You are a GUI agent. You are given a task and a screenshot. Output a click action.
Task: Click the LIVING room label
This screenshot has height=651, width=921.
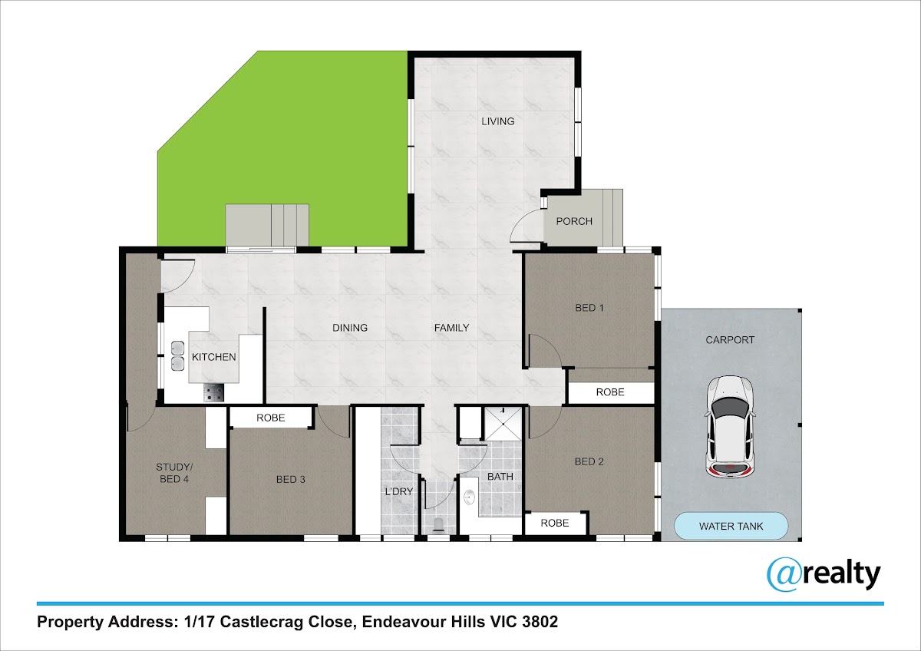pyautogui.click(x=498, y=121)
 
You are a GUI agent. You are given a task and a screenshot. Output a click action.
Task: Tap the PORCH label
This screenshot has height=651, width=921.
pyautogui.click(x=574, y=221)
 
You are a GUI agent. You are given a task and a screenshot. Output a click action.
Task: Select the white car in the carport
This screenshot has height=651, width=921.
pyautogui.click(x=730, y=427)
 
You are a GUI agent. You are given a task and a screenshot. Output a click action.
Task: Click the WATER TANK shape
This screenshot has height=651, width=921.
pyautogui.click(x=731, y=526)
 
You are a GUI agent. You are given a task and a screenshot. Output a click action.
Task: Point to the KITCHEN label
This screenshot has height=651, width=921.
pyautogui.click(x=214, y=357)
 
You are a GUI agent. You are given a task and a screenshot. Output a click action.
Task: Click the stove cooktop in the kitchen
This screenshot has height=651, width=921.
pyautogui.click(x=214, y=392)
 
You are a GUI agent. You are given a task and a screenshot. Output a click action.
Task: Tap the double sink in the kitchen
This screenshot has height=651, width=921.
pyautogui.click(x=177, y=355)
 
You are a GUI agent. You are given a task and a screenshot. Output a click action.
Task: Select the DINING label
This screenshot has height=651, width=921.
pyautogui.click(x=350, y=328)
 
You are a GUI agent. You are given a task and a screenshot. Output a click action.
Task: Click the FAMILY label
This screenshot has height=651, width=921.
pyautogui.click(x=451, y=328)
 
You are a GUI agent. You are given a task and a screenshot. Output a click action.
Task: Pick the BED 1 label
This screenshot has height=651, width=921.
pyautogui.click(x=589, y=308)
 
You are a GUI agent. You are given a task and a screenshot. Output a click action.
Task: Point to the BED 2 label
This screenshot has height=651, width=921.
pyautogui.click(x=589, y=462)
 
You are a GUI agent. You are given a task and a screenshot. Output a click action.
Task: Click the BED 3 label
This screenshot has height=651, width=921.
pyautogui.click(x=291, y=480)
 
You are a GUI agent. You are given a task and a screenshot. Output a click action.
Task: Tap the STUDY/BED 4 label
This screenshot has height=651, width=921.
pyautogui.click(x=174, y=473)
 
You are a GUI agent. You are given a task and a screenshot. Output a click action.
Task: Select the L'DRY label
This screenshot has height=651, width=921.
pyautogui.click(x=399, y=491)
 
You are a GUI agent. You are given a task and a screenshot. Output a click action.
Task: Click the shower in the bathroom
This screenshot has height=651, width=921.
pyautogui.click(x=503, y=424)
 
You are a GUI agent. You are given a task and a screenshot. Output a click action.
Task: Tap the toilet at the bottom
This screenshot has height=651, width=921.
pyautogui.click(x=439, y=526)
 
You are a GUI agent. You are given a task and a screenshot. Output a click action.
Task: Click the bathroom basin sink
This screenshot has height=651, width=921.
pyautogui.click(x=468, y=497)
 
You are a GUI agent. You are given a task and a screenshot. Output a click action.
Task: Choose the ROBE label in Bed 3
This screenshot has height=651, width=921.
pyautogui.click(x=270, y=418)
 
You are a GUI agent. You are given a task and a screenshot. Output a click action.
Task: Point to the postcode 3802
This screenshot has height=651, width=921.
pyautogui.click(x=540, y=621)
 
